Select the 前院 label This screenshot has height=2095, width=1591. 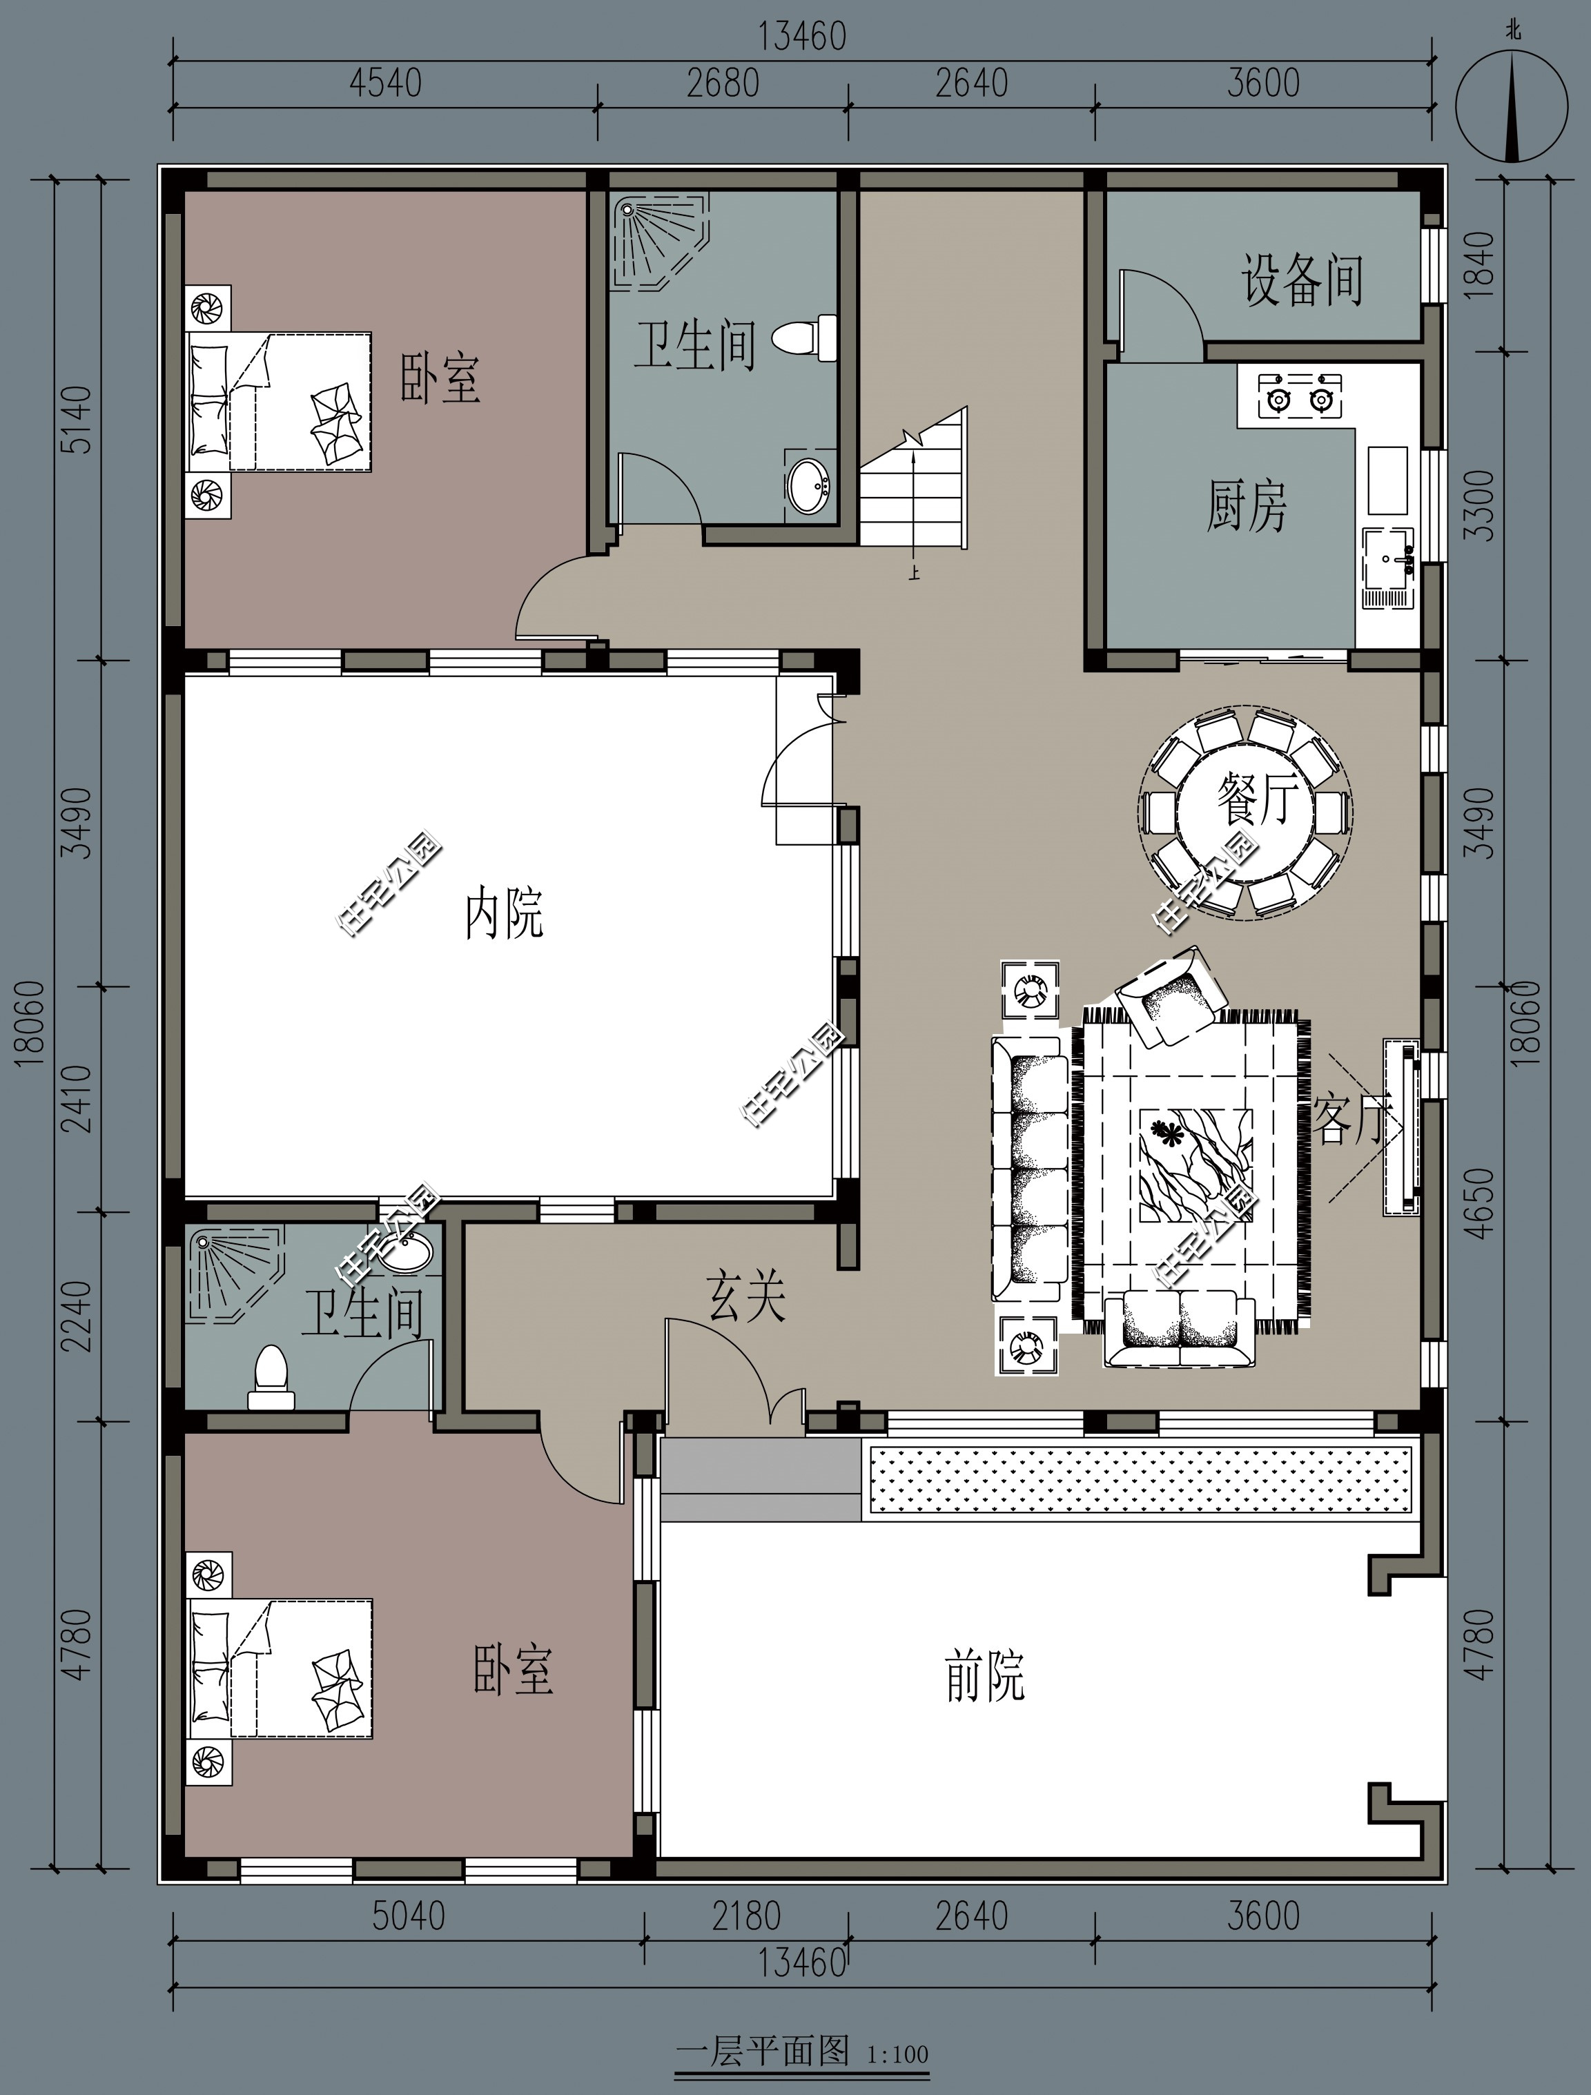pyautogui.click(x=985, y=1675)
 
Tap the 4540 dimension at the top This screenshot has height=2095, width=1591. pyautogui.click(x=384, y=84)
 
